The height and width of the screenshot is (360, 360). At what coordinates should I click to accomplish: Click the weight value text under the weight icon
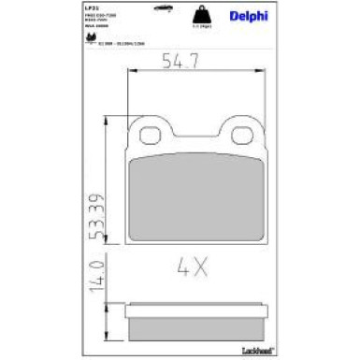pos(199,31)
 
